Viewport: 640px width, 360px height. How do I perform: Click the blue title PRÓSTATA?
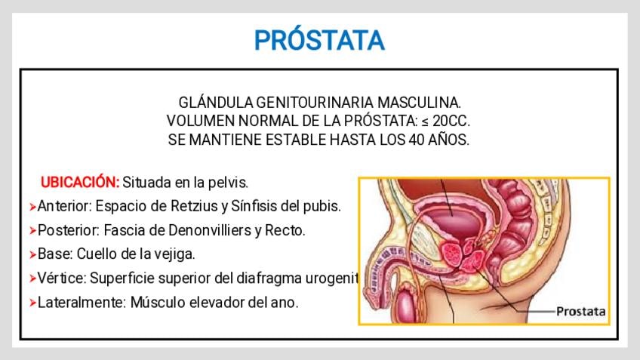click(x=319, y=40)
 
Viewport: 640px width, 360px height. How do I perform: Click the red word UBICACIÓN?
click(x=80, y=182)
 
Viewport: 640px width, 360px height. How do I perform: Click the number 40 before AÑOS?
click(x=417, y=140)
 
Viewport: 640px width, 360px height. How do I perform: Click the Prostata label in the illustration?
click(x=581, y=312)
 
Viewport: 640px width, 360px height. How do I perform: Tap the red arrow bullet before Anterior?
click(x=32, y=207)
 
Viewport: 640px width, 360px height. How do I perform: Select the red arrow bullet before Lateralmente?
click(x=32, y=303)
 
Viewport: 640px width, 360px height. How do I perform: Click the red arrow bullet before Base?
click(x=32, y=255)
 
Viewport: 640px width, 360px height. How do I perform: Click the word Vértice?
click(x=62, y=278)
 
